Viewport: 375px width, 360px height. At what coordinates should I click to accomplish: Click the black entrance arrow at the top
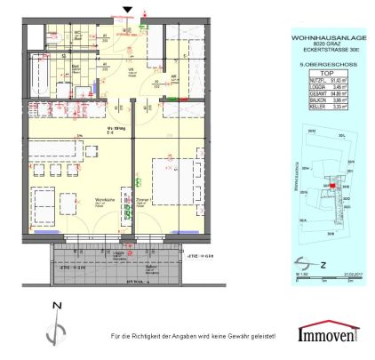(128, 10)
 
